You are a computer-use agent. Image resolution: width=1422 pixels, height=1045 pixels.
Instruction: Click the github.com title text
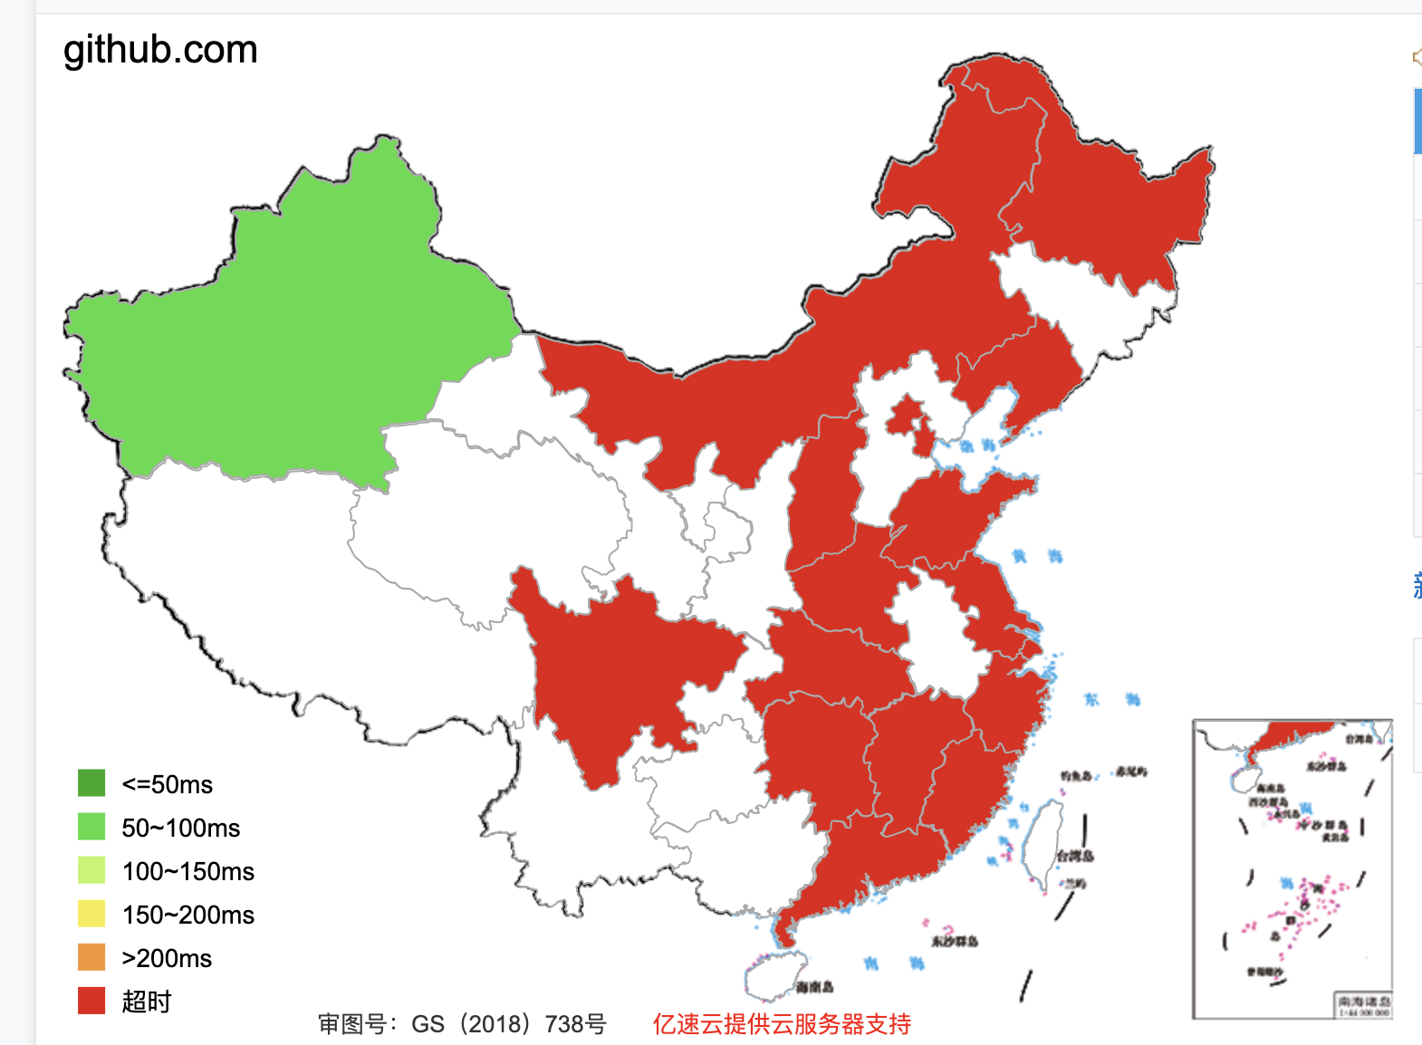(160, 50)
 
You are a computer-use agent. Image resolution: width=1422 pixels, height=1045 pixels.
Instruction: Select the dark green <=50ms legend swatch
(91, 783)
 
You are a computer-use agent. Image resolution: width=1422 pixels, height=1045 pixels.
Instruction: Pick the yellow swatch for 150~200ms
(91, 914)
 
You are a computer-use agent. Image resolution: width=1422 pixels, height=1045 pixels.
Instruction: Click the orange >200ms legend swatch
(91, 957)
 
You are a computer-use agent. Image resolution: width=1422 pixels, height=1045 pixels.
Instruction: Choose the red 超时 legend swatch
(91, 1001)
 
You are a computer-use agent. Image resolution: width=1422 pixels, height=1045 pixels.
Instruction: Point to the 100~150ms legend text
(187, 871)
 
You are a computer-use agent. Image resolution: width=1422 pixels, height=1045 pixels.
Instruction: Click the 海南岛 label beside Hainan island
(814, 987)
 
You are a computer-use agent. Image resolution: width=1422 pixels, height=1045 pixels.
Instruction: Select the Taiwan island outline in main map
(1042, 842)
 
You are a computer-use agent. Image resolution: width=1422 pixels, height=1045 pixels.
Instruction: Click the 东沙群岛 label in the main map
(955, 942)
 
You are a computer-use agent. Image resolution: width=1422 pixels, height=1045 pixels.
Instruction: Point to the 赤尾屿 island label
(1131, 772)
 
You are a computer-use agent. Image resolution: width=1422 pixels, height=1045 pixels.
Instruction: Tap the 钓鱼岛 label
(1076, 776)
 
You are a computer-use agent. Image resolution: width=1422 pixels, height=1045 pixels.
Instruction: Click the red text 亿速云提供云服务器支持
(781, 1024)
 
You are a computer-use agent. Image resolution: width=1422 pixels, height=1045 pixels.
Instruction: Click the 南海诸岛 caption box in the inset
(1363, 1004)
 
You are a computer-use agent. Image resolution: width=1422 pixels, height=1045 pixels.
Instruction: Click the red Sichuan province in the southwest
(616, 670)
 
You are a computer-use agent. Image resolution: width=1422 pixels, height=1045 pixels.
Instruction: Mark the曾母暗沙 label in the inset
(1264, 972)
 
